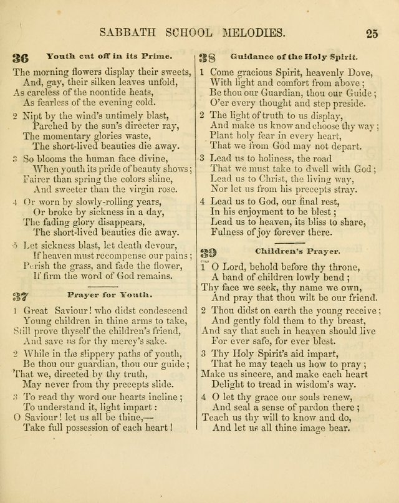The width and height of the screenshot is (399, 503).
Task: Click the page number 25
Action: click(x=372, y=34)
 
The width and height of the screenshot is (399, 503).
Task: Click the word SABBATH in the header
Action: click(x=125, y=33)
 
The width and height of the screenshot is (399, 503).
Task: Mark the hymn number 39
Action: click(x=208, y=252)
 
